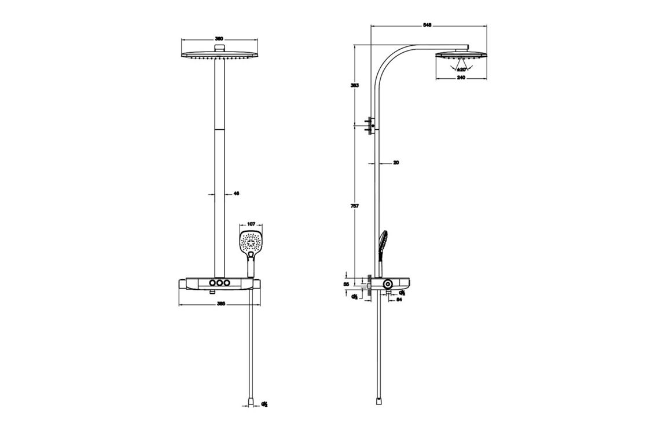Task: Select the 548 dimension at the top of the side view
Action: click(428, 25)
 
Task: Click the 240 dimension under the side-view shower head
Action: click(461, 77)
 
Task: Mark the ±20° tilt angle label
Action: click(461, 69)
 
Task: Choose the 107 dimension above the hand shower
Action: click(251, 224)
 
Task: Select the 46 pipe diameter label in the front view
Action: click(236, 194)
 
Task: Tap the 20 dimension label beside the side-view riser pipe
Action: click(396, 163)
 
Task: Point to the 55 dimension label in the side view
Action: click(347, 285)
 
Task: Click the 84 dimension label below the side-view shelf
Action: click(399, 299)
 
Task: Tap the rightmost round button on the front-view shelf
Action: click(227, 282)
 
